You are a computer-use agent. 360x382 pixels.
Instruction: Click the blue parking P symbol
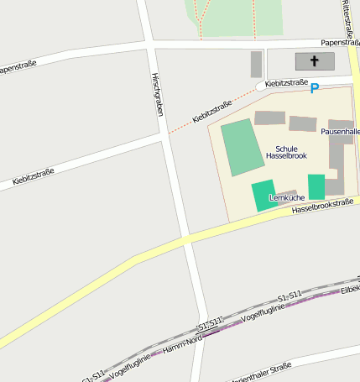(315, 88)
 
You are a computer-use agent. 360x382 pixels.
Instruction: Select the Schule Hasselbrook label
(286, 152)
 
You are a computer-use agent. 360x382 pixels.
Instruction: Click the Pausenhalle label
(339, 132)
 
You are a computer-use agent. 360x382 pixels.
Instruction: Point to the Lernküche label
(286, 197)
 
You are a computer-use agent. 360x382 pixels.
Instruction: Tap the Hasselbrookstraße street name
(323, 207)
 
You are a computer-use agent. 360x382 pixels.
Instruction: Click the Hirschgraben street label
(157, 93)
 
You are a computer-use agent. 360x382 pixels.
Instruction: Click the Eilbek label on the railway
(350, 289)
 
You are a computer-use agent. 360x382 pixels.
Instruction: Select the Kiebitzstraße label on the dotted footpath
(211, 113)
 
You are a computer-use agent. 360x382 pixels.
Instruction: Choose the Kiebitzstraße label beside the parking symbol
(286, 83)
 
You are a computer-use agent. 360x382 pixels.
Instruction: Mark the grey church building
(315, 61)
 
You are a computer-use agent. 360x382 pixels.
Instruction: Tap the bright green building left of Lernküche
(263, 196)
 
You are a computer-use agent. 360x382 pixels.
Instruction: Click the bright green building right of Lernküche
(316, 186)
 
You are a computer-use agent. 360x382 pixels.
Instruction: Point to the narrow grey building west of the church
(256, 64)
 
